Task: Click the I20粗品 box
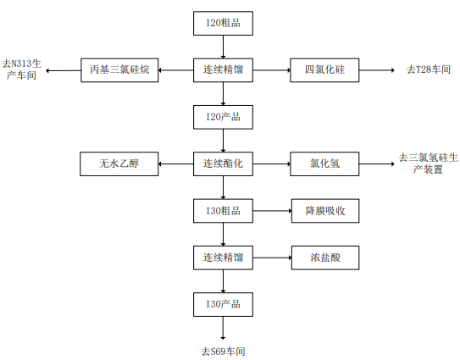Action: click(223, 24)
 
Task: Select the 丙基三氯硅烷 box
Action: click(119, 70)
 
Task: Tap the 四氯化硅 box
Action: click(324, 70)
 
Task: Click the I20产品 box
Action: click(223, 117)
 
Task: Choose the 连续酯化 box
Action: click(223, 163)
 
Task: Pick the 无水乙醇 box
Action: click(119, 163)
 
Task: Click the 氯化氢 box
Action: click(324, 163)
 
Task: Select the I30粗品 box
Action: click(223, 211)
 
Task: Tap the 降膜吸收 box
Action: click(325, 211)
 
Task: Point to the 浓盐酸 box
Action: click(325, 258)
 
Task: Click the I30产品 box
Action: click(223, 304)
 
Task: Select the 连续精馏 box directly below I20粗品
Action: click(223, 70)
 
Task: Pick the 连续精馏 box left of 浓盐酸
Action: click(223, 258)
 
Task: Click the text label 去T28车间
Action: click(429, 69)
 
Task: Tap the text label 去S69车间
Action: click(223, 352)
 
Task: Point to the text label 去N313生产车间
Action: click(21, 69)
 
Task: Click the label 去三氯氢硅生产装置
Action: click(428, 163)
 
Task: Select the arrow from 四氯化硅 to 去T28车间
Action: click(377, 70)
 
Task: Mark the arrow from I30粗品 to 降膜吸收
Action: click(272, 211)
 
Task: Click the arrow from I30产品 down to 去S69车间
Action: click(223, 328)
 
